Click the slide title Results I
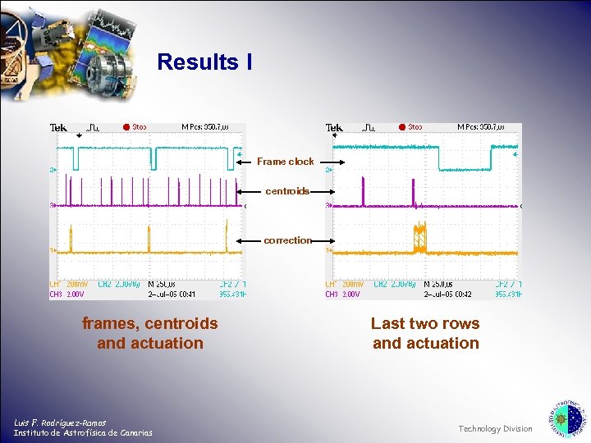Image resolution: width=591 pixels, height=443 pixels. pos(204,62)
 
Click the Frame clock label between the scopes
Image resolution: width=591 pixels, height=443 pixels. pos(285,162)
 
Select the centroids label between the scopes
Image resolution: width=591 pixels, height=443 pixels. pos(286,191)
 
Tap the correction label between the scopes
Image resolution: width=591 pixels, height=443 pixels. pos(287,240)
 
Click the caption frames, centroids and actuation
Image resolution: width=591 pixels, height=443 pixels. pos(150,333)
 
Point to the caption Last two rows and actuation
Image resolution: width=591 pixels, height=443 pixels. pos(425,333)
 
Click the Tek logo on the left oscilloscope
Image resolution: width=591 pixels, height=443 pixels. pos(58,128)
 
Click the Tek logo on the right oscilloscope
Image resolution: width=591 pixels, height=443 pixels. pos(334,128)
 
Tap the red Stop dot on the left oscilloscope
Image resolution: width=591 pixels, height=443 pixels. pos(126,127)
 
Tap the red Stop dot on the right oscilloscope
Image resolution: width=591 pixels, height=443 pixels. pos(402,127)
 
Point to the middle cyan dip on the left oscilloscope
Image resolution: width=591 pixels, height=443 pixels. pos(152,157)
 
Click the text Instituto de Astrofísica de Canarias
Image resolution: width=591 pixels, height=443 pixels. pos(82,432)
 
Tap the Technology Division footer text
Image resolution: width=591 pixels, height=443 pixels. pos(495,428)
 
